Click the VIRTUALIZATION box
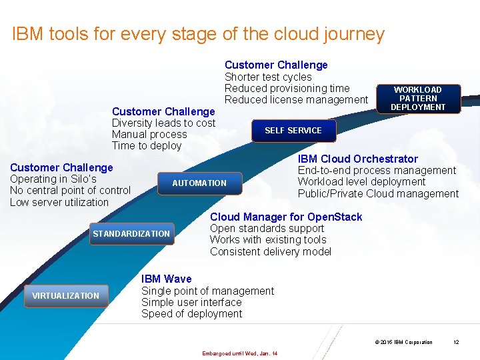click(x=65, y=295)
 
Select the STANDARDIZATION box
click(x=131, y=233)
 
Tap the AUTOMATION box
click(x=199, y=183)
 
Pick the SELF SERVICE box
click(x=293, y=130)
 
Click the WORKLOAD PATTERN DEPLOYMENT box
click(x=418, y=98)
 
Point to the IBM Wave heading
click(x=166, y=279)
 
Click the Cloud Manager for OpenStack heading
click(x=286, y=217)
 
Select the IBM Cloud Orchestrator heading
click(x=357, y=159)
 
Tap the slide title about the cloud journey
click(x=198, y=34)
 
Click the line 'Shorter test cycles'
click(x=268, y=77)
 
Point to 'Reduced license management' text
click(x=296, y=100)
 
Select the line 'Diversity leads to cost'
click(x=163, y=123)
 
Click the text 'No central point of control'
click(x=70, y=191)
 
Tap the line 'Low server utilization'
click(x=59, y=202)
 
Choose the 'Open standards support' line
click(x=267, y=229)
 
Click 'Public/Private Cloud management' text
click(x=378, y=193)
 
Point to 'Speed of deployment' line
click(x=191, y=313)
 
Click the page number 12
click(x=456, y=342)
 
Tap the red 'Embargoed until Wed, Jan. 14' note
click(x=239, y=353)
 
